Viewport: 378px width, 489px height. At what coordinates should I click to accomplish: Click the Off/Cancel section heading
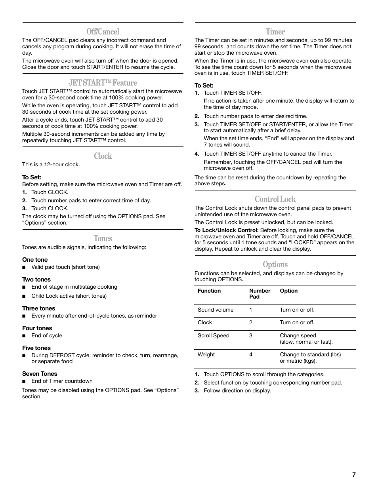103,32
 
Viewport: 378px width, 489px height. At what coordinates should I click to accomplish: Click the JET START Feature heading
103,83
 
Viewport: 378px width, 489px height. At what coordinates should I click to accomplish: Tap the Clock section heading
103,156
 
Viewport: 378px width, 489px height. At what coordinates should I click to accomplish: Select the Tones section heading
103,238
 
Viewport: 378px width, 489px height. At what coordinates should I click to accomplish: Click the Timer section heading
275,32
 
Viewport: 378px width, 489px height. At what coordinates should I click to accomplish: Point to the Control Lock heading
275,199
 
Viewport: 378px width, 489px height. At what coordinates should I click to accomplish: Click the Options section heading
275,264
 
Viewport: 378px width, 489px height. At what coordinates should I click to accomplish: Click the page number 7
354,475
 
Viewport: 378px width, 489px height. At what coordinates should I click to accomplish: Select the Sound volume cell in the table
216,310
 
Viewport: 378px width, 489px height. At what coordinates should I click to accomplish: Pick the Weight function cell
206,355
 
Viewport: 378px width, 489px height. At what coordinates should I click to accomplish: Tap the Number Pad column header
260,294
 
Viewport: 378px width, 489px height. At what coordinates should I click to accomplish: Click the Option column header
288,291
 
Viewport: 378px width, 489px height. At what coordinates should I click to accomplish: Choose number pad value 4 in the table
251,355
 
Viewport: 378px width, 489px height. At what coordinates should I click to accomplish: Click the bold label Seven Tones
40,374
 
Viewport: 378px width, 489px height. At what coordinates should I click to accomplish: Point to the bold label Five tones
36,348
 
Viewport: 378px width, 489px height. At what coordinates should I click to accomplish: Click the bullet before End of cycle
24,336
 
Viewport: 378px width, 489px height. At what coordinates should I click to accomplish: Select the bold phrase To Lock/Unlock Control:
226,230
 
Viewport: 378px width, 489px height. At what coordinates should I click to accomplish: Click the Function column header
209,291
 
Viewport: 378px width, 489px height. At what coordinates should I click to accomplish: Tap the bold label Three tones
38,308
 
